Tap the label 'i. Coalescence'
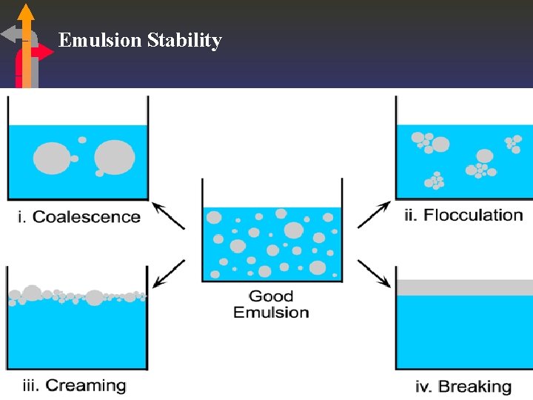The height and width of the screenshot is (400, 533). pos(78,217)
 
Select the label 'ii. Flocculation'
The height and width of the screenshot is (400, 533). pos(464,216)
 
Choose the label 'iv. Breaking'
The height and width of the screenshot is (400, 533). pos(464,386)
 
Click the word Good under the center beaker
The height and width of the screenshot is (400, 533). pos(271,296)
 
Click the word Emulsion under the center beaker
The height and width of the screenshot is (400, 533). pos(271,312)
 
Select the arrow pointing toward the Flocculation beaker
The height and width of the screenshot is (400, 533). pos(374,214)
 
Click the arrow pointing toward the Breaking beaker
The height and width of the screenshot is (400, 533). pos(374,273)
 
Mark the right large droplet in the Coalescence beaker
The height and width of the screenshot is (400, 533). pos(114,157)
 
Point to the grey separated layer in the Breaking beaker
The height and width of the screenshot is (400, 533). pos(464,287)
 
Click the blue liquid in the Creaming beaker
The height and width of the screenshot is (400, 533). pos(77,333)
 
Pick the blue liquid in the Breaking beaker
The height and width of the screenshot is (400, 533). pos(464,333)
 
